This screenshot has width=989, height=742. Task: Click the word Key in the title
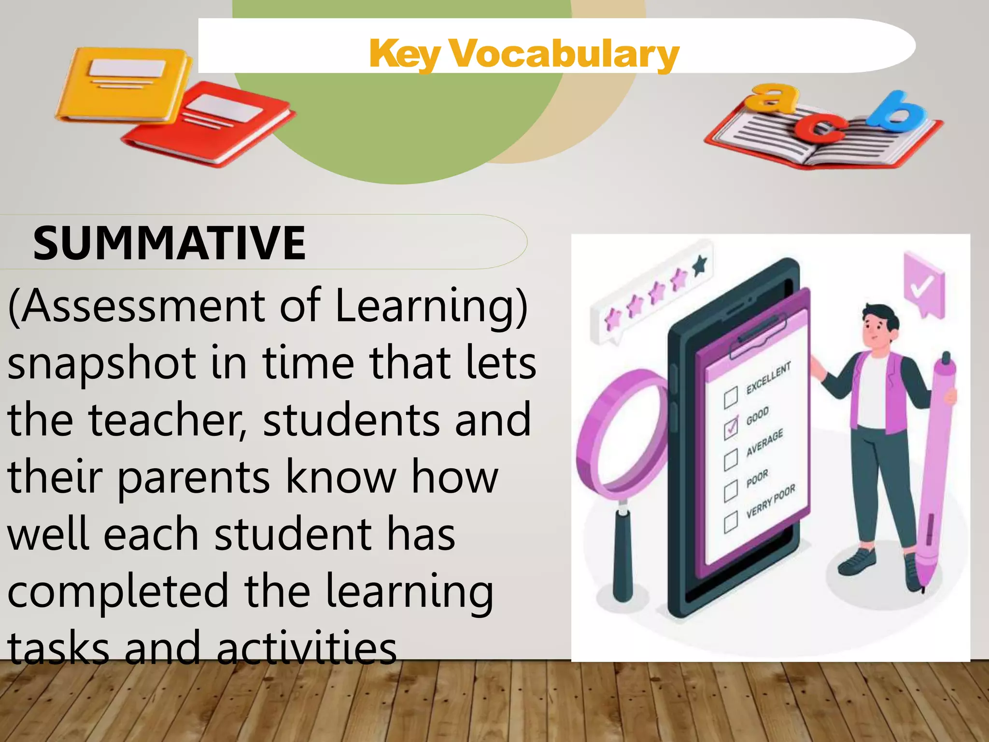(x=405, y=55)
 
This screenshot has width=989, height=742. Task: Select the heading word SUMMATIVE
(x=169, y=243)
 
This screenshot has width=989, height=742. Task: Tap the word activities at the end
(x=307, y=647)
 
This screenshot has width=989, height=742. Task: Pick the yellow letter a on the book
(x=773, y=97)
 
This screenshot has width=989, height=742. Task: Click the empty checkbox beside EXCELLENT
(x=731, y=397)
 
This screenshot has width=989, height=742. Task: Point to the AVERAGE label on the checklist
(x=764, y=442)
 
